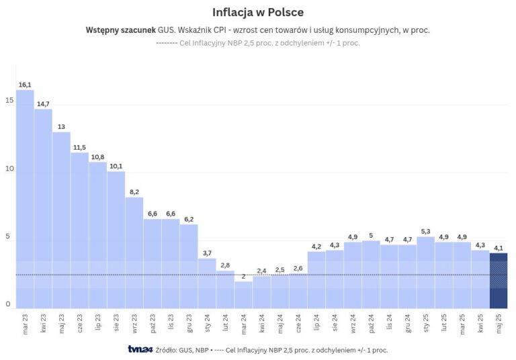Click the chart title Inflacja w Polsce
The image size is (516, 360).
(x=258, y=12)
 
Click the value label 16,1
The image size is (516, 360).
(x=25, y=85)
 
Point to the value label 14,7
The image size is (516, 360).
(x=43, y=103)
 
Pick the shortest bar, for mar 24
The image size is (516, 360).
(x=243, y=294)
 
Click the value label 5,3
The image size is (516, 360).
(x=425, y=231)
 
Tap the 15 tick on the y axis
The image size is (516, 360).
(x=9, y=100)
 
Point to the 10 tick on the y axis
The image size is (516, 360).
(x=9, y=169)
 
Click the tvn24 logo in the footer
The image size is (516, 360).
(x=140, y=349)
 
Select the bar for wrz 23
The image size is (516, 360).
(x=134, y=252)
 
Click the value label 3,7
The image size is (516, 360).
(x=207, y=253)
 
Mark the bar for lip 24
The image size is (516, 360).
(x=316, y=279)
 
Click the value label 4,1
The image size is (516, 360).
(x=499, y=248)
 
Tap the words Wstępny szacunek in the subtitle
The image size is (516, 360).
(x=120, y=30)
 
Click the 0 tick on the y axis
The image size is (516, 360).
(x=9, y=304)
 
